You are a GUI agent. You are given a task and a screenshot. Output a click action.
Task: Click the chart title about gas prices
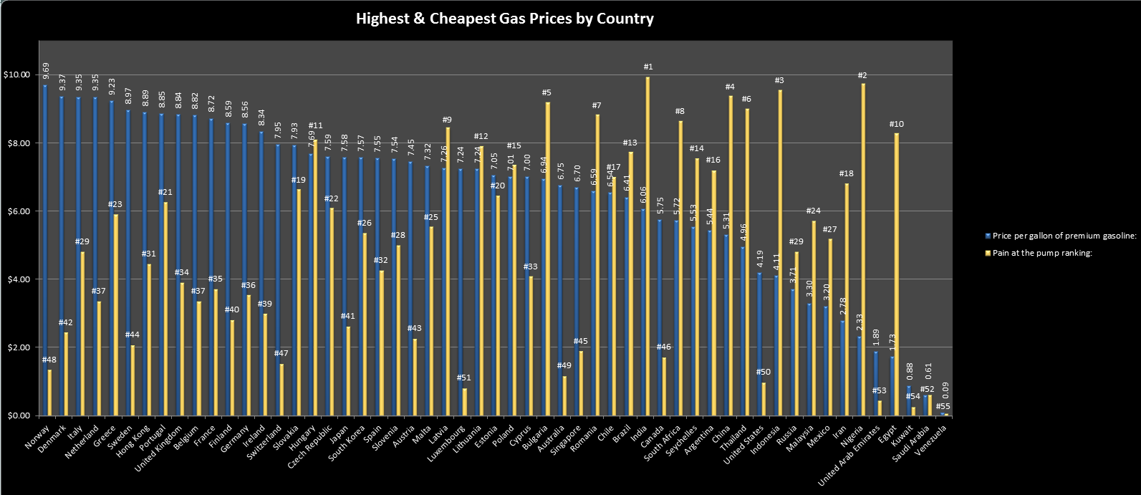coord(504,19)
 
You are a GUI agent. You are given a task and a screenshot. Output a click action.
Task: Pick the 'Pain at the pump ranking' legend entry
coord(1041,254)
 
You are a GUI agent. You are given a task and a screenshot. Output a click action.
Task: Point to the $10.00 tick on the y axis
coord(16,75)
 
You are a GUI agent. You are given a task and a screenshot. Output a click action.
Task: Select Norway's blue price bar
coord(44,251)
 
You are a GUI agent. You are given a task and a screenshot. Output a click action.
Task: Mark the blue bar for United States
coord(759,345)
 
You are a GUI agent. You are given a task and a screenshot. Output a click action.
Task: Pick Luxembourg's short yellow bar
coord(465,402)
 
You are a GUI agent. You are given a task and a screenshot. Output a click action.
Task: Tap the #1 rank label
coord(648,67)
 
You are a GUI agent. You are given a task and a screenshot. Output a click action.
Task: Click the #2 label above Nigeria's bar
coord(862,75)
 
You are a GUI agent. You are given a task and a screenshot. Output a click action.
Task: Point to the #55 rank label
coord(945,406)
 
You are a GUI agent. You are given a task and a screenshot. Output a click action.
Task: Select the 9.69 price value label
coord(46,72)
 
